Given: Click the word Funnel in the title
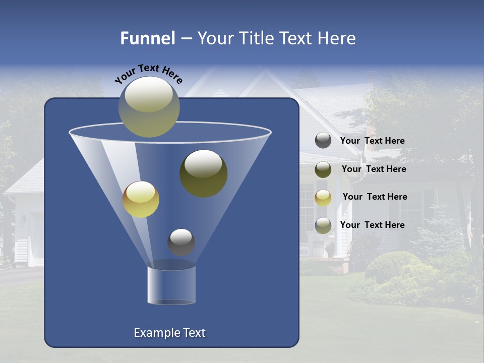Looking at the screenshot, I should [x=148, y=38].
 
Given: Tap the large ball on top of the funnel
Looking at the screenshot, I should [x=149, y=106].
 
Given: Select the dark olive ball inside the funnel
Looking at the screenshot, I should [x=203, y=173].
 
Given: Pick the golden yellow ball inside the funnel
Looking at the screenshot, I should [x=141, y=199].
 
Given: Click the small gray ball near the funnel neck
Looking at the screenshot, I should [x=181, y=242].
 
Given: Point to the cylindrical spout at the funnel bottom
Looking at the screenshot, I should [x=171, y=285].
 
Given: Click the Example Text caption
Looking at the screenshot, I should [x=169, y=333].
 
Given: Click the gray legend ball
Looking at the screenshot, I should [x=323, y=140].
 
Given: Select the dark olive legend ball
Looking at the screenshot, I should [x=323, y=169].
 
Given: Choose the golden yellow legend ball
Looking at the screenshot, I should [x=323, y=197].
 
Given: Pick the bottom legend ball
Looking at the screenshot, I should [x=323, y=225].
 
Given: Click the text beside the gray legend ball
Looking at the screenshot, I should [x=372, y=141].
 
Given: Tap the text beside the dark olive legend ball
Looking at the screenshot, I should [x=374, y=169].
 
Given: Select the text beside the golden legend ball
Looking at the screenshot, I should [x=375, y=197].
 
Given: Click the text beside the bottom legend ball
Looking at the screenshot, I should [x=372, y=225].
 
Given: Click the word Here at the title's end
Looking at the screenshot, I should [x=337, y=38].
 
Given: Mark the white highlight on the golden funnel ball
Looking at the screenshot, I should [x=140, y=192].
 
